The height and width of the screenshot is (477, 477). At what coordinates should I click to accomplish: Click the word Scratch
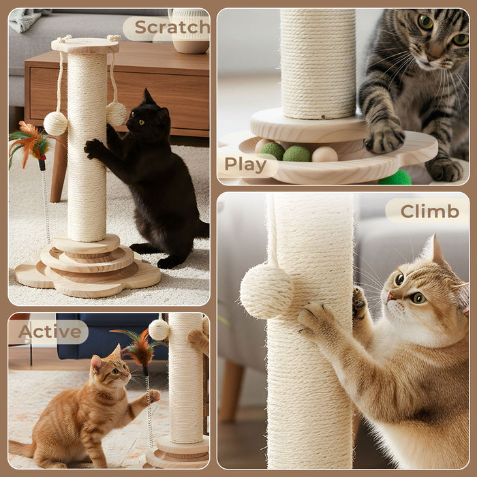pos(171,27)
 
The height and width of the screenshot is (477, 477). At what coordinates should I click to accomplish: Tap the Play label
pos(245,164)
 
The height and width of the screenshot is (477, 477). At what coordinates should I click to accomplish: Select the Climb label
pos(429,211)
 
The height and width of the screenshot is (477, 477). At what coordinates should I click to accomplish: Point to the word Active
pos(50,332)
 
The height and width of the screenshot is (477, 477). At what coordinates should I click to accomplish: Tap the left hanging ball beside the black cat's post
pos(55,123)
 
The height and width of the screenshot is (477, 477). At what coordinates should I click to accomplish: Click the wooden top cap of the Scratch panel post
pos(85,46)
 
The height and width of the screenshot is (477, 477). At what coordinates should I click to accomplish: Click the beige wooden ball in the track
pos(324,154)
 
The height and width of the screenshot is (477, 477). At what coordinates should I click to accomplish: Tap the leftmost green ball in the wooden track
pos(272,151)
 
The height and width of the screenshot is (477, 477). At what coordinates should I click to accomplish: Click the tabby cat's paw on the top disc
pos(384,138)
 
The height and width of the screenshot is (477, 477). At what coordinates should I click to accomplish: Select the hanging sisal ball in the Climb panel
pos(267,291)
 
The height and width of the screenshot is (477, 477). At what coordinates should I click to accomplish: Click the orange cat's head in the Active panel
pos(110,371)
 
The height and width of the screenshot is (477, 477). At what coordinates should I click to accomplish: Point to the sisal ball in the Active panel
pos(159,330)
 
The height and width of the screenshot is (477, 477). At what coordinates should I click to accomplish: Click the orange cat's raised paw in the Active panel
pos(153,396)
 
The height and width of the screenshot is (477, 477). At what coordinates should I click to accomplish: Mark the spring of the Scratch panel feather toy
pos(46,204)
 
